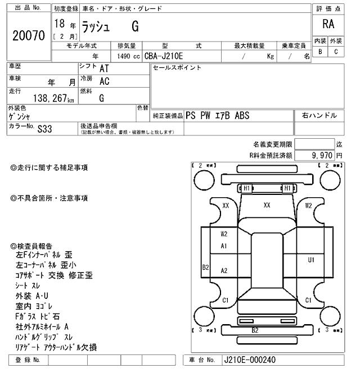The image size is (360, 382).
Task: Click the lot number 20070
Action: point(29,35)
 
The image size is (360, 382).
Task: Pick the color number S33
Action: point(44,128)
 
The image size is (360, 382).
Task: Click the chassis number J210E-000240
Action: point(250,360)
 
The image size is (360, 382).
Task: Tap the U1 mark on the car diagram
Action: point(310,260)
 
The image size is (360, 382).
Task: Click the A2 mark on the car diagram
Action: point(224,271)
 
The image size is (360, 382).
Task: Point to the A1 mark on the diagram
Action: point(224,246)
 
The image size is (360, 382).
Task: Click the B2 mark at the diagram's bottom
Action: point(255,330)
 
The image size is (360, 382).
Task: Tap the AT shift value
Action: point(103,68)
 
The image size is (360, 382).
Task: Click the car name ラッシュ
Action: point(98,26)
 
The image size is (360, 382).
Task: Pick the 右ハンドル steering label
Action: point(319,115)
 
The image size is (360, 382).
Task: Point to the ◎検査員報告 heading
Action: point(31,246)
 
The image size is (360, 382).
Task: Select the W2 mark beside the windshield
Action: point(308,206)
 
